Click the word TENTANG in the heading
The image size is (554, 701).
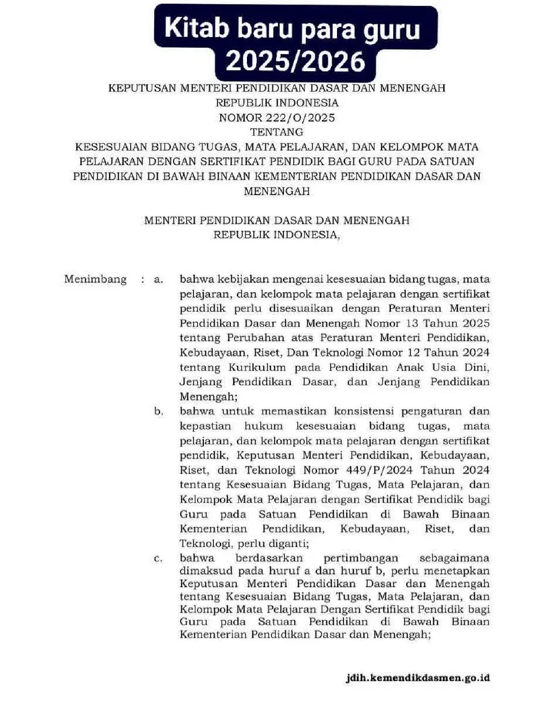pyautogui.click(x=277, y=132)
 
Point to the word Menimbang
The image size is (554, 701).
pyautogui.click(x=95, y=279)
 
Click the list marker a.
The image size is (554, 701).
pyautogui.click(x=158, y=279)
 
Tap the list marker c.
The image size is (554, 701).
pyautogui.click(x=158, y=557)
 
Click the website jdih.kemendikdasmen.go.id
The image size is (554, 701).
pyautogui.click(x=418, y=679)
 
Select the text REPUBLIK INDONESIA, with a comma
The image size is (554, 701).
pyautogui.click(x=277, y=234)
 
